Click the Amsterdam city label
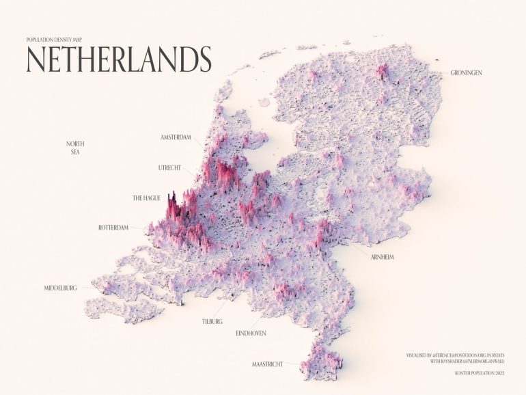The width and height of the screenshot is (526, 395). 176,138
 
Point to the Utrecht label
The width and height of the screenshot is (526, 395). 172,167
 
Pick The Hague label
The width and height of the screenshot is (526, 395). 146,198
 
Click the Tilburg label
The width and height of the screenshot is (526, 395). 212,321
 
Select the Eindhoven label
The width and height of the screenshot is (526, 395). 250,333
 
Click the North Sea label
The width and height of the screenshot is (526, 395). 75,148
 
